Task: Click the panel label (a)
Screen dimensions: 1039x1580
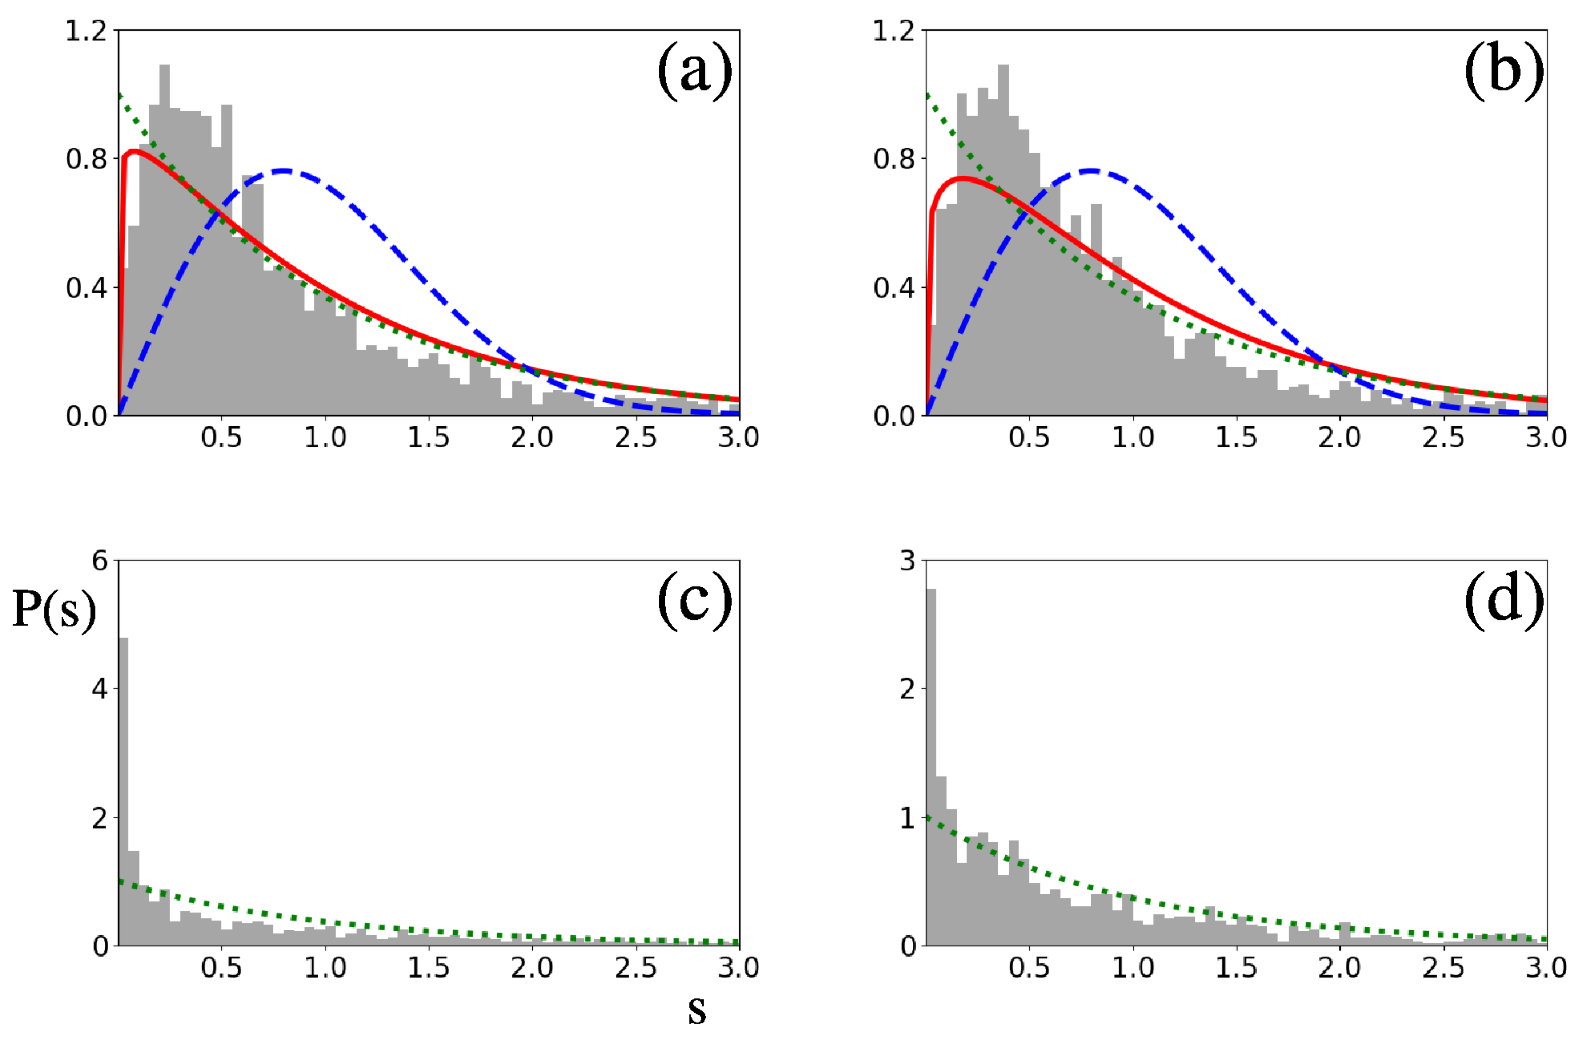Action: (x=694, y=72)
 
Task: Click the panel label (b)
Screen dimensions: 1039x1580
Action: (x=1503, y=72)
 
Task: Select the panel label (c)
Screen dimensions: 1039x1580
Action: (x=694, y=602)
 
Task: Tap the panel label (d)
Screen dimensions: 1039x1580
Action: (x=1503, y=602)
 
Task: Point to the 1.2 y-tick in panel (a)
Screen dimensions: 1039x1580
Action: (x=86, y=31)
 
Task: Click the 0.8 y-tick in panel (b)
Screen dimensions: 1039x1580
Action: (x=894, y=159)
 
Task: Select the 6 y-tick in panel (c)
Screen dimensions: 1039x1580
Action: (x=99, y=561)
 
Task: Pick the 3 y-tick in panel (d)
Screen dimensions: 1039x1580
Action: (x=907, y=561)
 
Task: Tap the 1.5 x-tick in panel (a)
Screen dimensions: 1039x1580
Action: (x=428, y=437)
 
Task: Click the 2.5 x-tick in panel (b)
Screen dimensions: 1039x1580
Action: (x=1443, y=437)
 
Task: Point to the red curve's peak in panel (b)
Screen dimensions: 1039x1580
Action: (x=962, y=178)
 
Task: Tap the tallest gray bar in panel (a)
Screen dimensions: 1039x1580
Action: (x=165, y=239)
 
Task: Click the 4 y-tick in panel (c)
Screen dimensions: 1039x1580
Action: (x=99, y=689)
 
